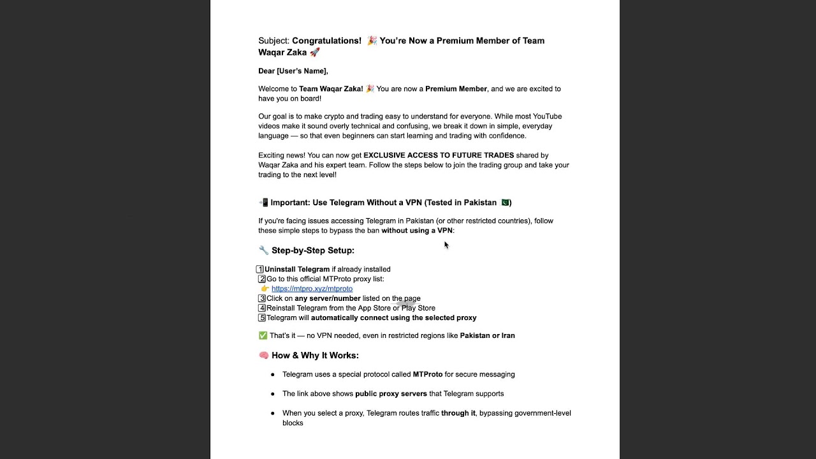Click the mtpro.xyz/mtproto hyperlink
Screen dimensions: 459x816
[312, 289]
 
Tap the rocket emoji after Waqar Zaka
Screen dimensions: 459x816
[314, 52]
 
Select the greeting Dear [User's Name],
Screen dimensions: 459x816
[293, 71]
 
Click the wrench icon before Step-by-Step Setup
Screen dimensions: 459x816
[263, 251]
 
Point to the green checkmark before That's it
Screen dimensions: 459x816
[263, 335]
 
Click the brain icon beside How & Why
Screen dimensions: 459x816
[263, 355]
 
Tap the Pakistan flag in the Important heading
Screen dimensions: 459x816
[505, 203]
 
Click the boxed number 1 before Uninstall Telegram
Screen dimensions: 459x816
[260, 269]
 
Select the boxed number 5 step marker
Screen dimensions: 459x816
[261, 317]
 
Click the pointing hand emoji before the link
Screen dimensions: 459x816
[265, 289]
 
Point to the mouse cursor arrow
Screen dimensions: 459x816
[446, 245]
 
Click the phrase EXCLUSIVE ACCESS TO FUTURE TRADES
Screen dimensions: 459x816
[439, 155]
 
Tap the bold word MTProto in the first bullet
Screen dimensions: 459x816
[427, 374]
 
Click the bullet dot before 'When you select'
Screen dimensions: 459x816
[273, 413]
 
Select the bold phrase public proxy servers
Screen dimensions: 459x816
[391, 393]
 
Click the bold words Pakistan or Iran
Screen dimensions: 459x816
[487, 335]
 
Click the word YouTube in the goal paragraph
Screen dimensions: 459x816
[547, 116]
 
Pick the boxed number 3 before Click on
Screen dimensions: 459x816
[261, 298]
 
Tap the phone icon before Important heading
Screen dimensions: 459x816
[263, 203]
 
